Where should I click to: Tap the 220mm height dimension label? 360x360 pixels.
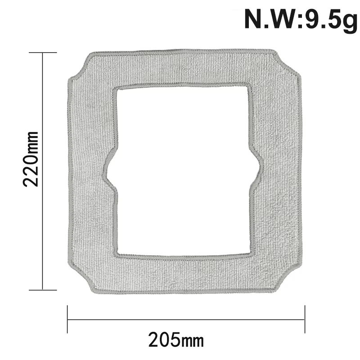(x=31, y=159)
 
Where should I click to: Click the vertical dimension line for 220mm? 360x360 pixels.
(x=43, y=171)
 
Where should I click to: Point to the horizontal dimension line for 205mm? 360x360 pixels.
(x=186, y=319)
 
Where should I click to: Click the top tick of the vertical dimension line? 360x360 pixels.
(x=43, y=53)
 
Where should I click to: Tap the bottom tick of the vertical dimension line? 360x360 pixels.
(x=43, y=290)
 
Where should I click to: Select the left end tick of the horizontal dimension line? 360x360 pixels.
(x=67, y=319)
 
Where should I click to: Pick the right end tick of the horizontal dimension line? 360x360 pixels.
(x=305, y=319)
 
